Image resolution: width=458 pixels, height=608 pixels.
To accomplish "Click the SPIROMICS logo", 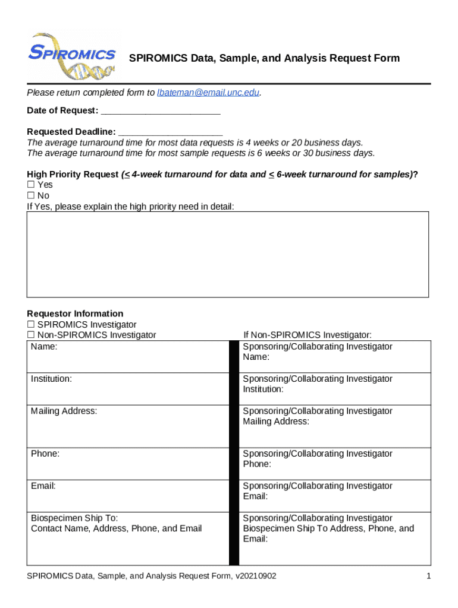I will pos(73,55).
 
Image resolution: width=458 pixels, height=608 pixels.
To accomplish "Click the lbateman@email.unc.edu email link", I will pos(208,93).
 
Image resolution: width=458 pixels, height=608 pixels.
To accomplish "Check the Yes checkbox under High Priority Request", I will pos(31,185).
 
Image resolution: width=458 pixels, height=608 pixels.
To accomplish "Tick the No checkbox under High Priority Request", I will pos(31,195).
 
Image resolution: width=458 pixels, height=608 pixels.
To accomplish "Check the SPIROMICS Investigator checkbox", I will pos(31,325).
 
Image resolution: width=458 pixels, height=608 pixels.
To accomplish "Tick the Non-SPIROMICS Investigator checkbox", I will pos(31,335).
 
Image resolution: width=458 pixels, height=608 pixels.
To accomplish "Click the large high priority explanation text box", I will pos(228,254).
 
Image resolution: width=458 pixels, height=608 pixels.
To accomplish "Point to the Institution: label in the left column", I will pos(52,378).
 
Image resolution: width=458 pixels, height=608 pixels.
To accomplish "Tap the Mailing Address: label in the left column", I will pos(64,410).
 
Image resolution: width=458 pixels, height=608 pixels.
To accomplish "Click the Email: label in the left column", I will pos(43,485).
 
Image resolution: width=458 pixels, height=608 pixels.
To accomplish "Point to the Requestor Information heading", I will pos(75,313).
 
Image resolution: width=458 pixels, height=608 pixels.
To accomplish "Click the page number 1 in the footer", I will pos(428,576).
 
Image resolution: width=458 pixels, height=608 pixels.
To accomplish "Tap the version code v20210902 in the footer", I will pos(255,576).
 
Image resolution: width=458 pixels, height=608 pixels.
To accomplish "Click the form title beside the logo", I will pos(265,58).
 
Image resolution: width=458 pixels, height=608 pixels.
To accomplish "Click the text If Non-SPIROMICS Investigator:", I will pos(308,335).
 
